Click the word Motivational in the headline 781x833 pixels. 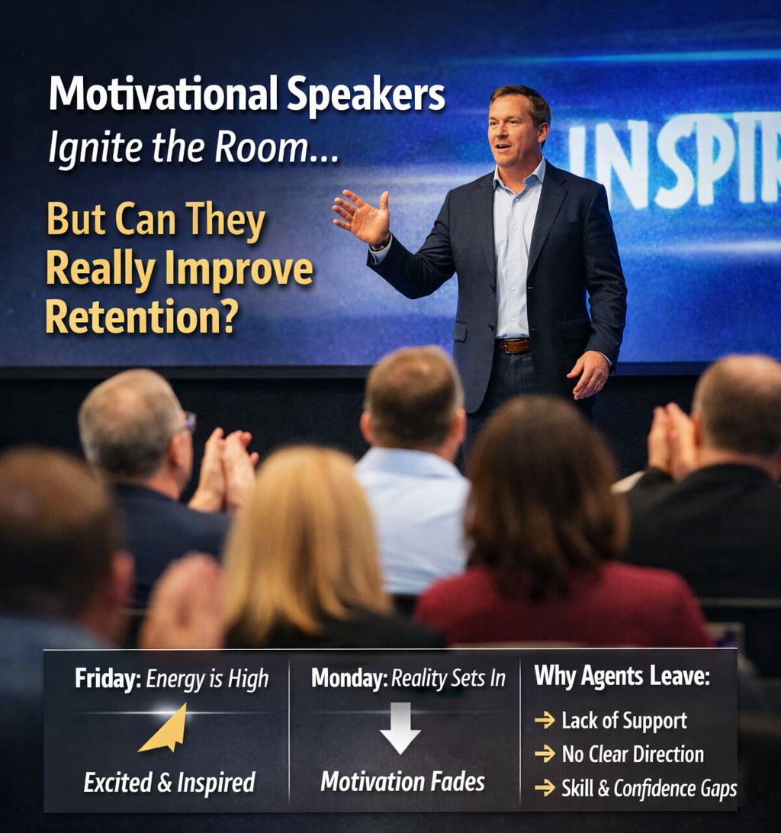163,94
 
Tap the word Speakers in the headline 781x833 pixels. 366,95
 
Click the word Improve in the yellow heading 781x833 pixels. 239,270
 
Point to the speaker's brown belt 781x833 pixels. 513,346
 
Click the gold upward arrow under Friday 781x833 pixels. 166,728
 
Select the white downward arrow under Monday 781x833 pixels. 400,728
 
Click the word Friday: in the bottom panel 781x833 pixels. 108,678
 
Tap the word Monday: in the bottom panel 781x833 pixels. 349,678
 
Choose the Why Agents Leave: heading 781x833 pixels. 622,677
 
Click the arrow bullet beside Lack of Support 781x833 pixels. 545,720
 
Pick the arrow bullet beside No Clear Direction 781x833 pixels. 545,754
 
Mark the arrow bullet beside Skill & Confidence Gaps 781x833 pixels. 545,788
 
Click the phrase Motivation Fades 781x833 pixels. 403,782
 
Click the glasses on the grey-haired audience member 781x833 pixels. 189,423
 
